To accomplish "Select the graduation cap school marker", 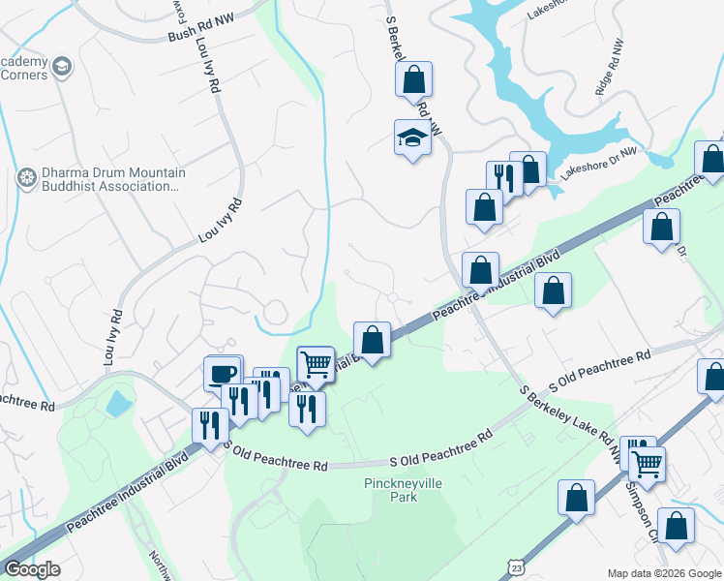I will click(412, 138).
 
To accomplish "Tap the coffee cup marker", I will click(223, 373).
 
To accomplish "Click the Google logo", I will click(32, 569).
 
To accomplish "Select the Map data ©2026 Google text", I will click(664, 572).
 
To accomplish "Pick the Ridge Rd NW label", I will click(608, 81).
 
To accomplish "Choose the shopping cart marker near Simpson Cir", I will click(647, 464).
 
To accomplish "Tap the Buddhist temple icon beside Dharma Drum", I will click(26, 179).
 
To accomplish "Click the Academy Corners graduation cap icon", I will click(63, 67).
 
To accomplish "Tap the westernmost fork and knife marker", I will click(209, 423).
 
